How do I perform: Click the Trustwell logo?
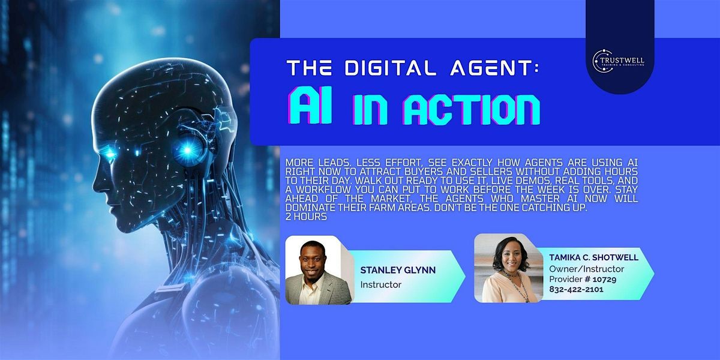click(618, 61)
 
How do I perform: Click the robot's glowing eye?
click(110, 154)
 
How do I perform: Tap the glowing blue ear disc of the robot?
click(187, 150)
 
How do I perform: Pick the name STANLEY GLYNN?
click(398, 270)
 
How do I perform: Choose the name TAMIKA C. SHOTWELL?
click(593, 257)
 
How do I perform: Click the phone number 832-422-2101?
click(577, 289)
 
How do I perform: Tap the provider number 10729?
click(604, 279)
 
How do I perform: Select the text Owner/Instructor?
click(587, 269)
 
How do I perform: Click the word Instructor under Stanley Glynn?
click(381, 285)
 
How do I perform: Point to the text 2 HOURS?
click(306, 217)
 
